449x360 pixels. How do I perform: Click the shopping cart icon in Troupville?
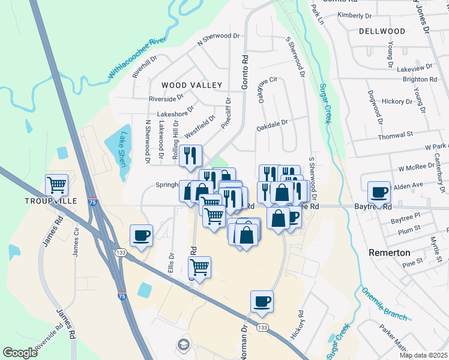57,185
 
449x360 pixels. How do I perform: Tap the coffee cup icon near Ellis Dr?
141,235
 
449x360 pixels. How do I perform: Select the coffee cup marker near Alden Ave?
379,192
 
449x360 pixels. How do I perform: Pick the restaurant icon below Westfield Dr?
191,156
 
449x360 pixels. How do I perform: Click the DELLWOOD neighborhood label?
382,31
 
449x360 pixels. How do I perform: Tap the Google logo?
20,353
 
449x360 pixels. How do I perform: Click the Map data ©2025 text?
423,355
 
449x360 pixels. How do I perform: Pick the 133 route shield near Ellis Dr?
121,253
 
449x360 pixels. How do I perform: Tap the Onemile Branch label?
384,304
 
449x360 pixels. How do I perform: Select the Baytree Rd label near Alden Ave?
373,206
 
